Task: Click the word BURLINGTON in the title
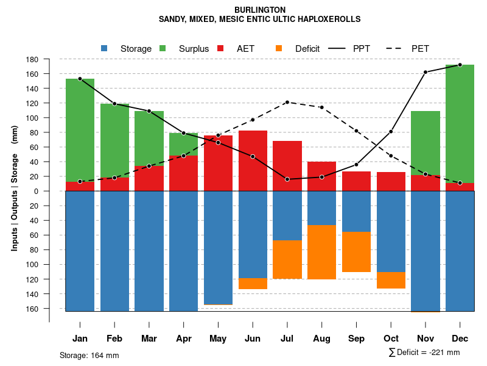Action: [259, 10]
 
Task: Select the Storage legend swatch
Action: [105, 48]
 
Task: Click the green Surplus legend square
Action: [163, 48]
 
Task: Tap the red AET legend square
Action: [220, 48]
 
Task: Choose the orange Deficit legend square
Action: [279, 48]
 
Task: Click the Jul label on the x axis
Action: [287, 339]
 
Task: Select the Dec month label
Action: [460, 339]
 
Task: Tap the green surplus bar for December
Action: [460, 122]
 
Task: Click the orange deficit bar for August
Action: [321, 252]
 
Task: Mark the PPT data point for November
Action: [426, 72]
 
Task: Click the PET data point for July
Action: [287, 102]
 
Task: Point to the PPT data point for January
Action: [80, 79]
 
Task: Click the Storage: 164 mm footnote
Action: [89, 355]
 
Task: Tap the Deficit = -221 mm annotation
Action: [424, 352]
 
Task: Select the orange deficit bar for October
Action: [391, 280]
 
